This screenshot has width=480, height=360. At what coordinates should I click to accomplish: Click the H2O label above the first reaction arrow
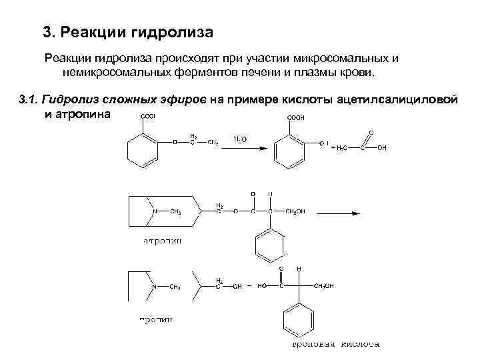pos(240,139)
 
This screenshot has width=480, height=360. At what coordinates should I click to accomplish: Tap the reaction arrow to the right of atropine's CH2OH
pos(338,213)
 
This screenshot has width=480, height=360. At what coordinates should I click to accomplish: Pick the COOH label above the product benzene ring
pos(295,118)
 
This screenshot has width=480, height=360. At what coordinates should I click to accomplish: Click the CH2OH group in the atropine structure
pos(295,212)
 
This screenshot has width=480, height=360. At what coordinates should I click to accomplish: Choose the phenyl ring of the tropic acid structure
pos(298,322)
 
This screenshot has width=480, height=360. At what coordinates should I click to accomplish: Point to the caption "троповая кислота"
pos(337,344)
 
